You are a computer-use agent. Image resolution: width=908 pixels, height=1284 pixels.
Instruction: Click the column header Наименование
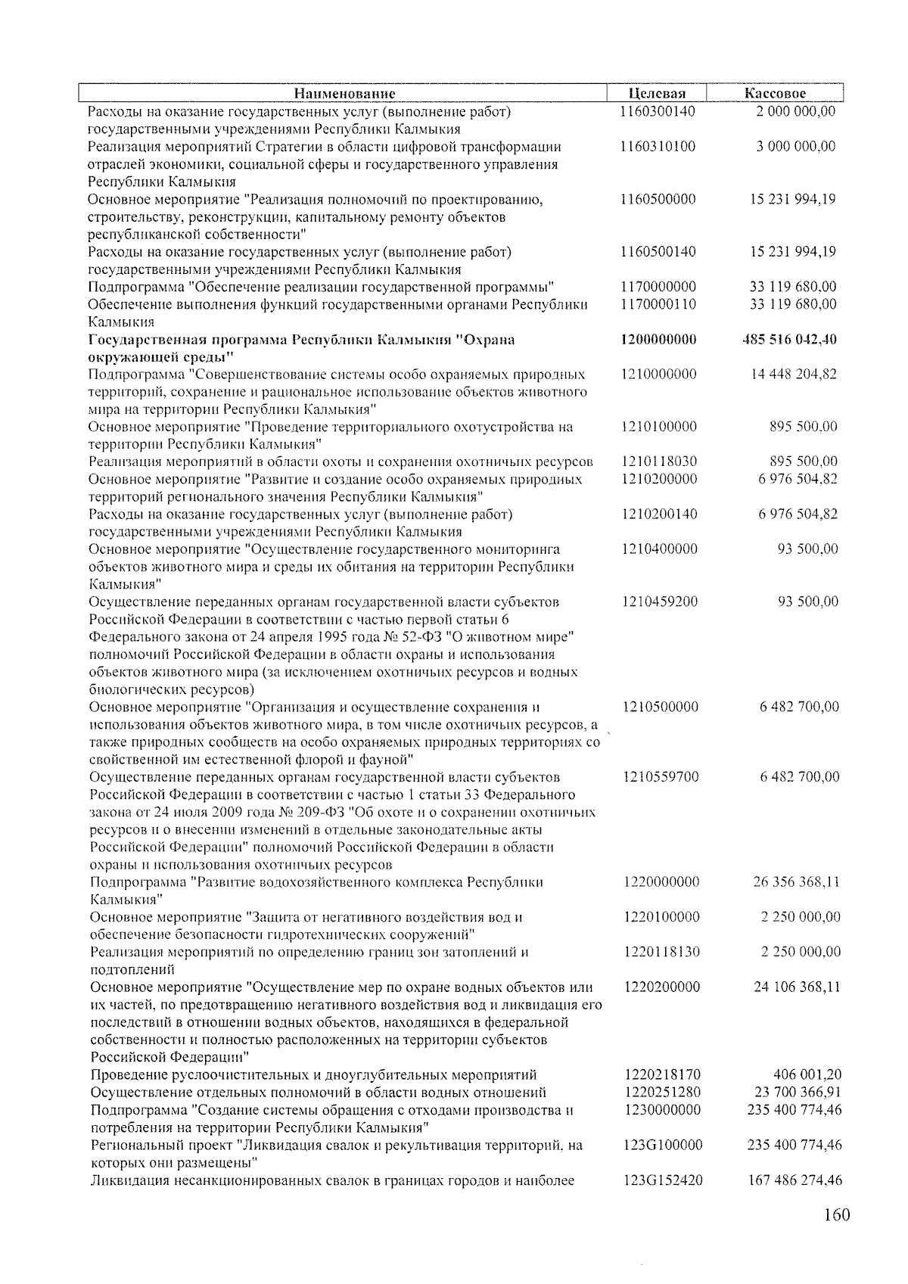pos(344,94)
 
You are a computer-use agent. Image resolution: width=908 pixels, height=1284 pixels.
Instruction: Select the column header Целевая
pos(657,94)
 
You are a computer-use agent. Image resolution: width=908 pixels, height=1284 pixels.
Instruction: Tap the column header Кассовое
pos(775,94)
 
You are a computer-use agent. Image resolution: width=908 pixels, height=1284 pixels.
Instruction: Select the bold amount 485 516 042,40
pos(791,340)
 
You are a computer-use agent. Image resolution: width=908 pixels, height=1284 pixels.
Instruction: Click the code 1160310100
pos(657,147)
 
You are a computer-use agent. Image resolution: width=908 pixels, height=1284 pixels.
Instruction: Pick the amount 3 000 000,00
pos(796,147)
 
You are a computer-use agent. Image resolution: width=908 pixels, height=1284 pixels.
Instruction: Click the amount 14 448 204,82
pos(794,375)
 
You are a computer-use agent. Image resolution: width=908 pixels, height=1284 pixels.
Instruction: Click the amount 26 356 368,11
pos(797,882)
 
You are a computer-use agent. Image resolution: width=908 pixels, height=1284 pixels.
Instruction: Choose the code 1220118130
pos(662,953)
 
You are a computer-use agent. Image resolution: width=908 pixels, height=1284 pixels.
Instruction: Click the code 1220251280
pos(663,1093)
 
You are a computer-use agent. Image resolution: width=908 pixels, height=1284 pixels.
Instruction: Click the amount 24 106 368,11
pos(797,987)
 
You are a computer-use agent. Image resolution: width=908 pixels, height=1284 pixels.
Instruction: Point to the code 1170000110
pos(658,305)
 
